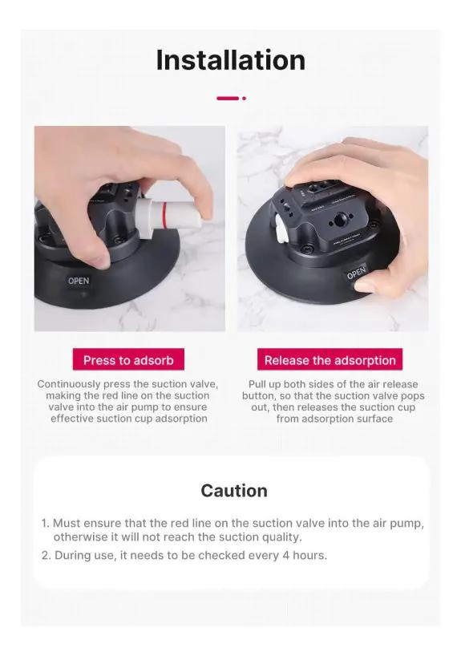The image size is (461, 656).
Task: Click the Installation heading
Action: pos(231,60)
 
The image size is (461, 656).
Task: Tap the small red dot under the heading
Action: pos(244,99)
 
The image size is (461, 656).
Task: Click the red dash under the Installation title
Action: pos(228,99)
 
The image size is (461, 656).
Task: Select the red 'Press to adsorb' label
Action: pos(128,360)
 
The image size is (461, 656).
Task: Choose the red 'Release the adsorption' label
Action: pos(330,360)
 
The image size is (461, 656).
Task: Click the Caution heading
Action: pos(234,491)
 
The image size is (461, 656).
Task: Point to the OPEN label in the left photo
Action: pos(79,281)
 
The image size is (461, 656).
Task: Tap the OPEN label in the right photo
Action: pos(356,273)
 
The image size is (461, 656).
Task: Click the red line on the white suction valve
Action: pos(166,215)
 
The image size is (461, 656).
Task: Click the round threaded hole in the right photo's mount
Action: pos(341,219)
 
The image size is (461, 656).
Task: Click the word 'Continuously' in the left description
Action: pos(69,384)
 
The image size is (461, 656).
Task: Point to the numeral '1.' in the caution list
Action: pos(45,524)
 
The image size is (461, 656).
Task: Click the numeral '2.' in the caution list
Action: pos(46,556)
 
